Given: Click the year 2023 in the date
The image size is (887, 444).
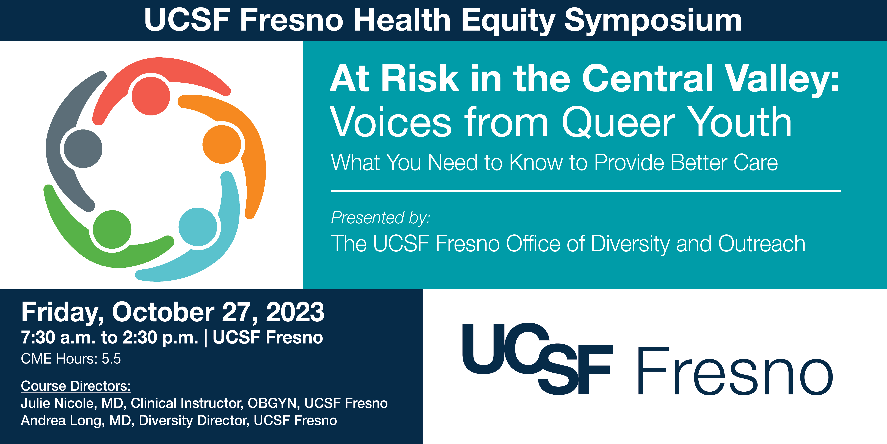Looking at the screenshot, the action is coord(295,312).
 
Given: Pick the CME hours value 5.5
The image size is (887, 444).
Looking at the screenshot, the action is coord(111,359).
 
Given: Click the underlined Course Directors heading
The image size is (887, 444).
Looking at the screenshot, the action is coord(76,386).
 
